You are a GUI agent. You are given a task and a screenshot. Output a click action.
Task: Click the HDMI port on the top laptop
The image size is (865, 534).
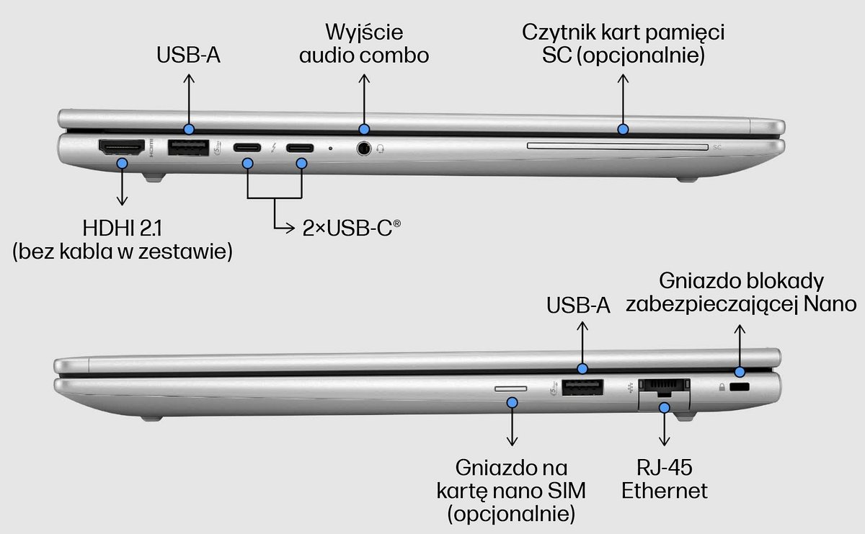tap(120, 148)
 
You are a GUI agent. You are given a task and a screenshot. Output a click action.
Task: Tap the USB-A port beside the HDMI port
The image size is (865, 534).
tap(187, 148)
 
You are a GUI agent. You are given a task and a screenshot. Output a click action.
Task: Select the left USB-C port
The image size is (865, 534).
tap(248, 148)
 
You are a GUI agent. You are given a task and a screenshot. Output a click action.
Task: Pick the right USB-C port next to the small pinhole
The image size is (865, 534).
tap(301, 148)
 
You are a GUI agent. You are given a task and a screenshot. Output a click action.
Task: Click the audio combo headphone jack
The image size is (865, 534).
tap(365, 148)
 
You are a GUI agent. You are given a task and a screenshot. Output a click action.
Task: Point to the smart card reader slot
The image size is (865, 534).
tap(617, 146)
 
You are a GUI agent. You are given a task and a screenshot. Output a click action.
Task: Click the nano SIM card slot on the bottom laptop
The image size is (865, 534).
tap(510, 388)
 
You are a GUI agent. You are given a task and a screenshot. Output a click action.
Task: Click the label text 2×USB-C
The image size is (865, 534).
tap(351, 229)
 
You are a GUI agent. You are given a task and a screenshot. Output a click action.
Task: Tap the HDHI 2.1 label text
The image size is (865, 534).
tap(122, 228)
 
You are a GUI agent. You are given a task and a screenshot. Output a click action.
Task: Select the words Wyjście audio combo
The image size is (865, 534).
tap(364, 43)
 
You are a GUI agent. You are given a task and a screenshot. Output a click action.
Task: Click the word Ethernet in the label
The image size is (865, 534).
tap(665, 491)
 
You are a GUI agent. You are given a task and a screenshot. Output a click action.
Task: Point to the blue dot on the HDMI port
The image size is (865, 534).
tap(122, 164)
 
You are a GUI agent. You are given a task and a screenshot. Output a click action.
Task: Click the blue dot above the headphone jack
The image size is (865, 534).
tap(364, 129)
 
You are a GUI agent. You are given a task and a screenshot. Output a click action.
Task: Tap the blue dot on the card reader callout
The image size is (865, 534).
tap(623, 130)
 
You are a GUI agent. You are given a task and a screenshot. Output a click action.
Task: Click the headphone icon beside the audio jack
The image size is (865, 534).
tap(381, 148)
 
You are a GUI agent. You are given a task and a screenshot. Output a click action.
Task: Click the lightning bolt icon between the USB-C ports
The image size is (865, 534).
tap(274, 148)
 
